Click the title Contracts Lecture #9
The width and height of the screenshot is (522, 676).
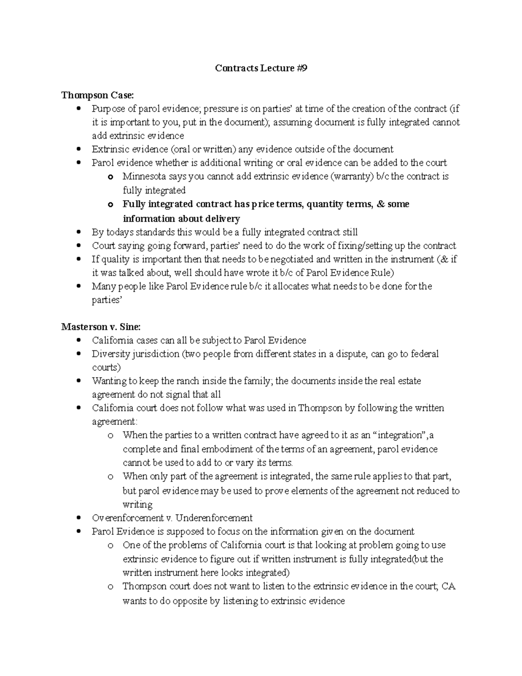(x=261, y=68)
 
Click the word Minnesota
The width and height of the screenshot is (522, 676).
(x=145, y=176)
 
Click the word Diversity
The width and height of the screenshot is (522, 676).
(x=111, y=354)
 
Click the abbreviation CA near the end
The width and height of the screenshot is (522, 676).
(x=448, y=586)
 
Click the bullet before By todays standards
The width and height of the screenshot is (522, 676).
(x=78, y=232)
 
